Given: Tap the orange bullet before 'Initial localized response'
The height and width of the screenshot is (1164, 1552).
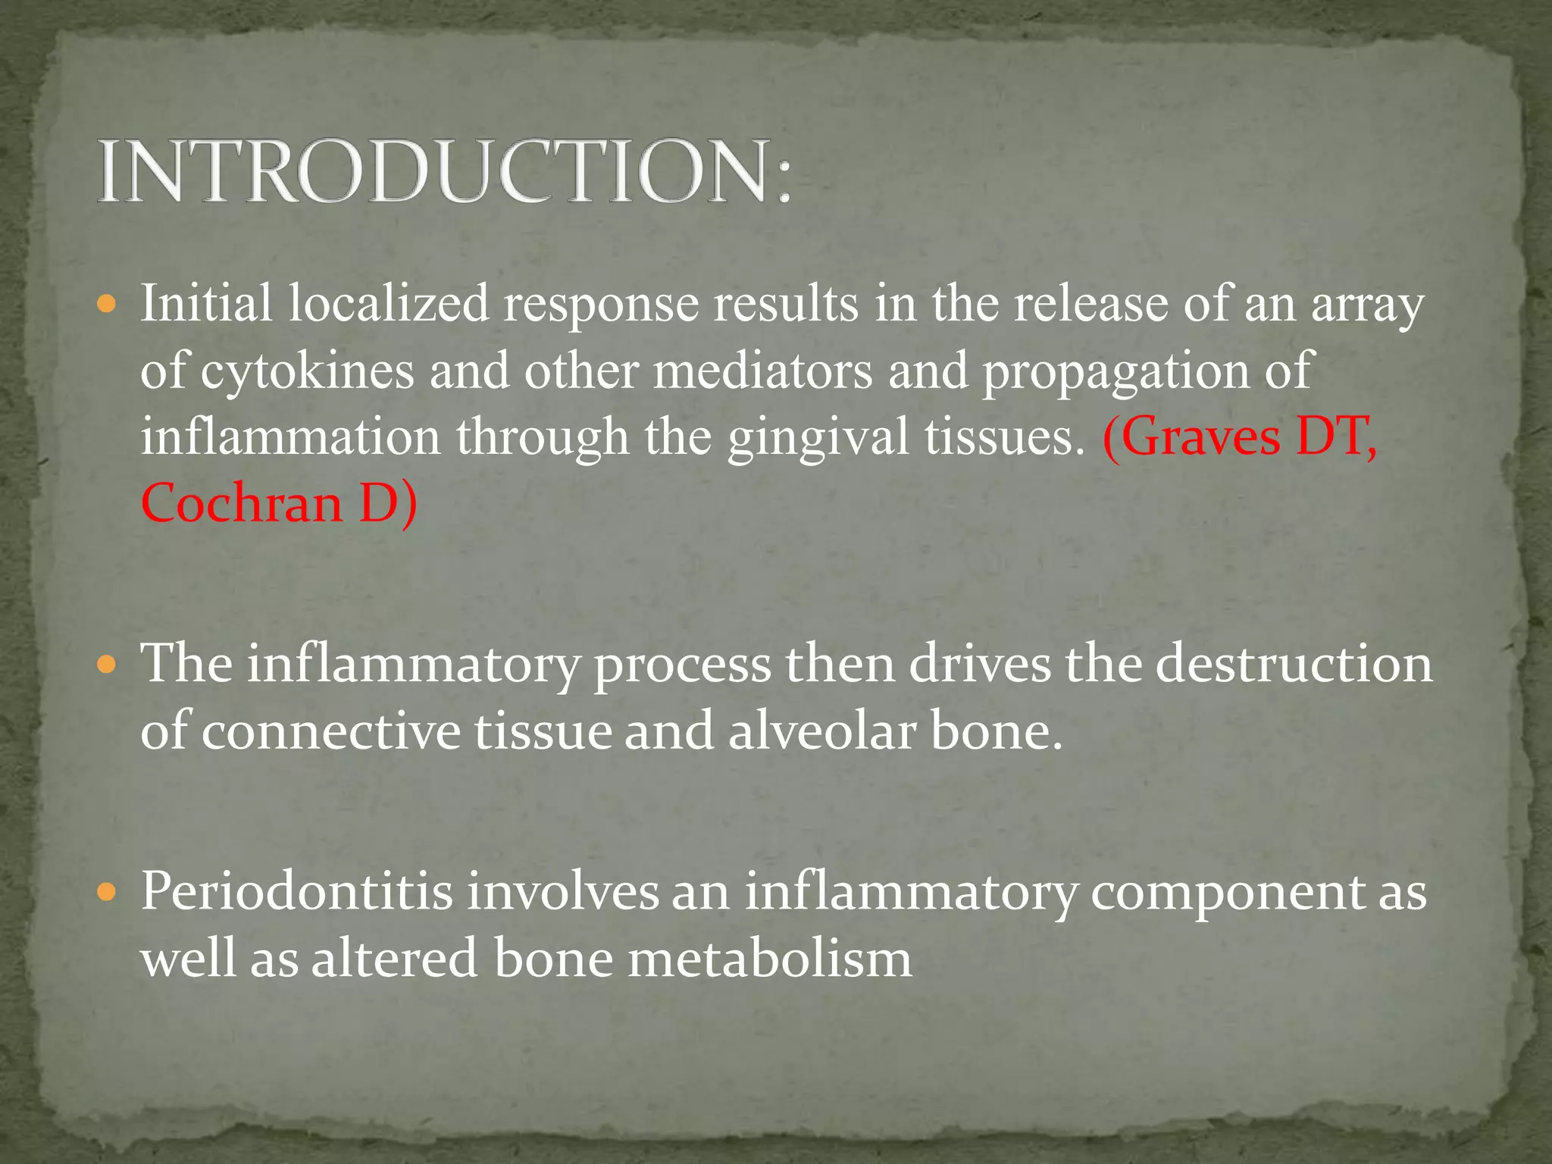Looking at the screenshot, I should pos(108,306).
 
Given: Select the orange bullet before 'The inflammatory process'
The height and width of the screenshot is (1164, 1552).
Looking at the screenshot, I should pos(108,666).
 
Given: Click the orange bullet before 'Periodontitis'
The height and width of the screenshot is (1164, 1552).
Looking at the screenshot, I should pos(108,893).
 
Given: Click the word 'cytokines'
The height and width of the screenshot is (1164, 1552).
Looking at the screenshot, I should pos(308,371).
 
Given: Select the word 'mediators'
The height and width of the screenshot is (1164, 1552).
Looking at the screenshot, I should pos(762,371).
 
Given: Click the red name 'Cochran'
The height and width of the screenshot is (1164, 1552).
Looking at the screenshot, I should pos(242,503).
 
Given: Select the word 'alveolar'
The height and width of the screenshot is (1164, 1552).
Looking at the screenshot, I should pos(822,731).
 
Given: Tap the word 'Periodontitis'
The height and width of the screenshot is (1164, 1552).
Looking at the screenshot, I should pos(296,891).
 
